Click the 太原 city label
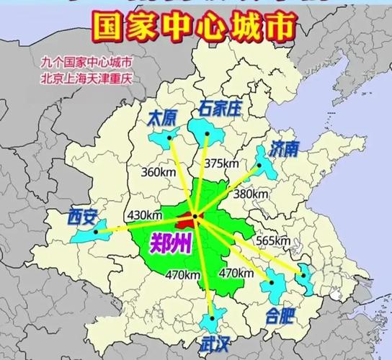click(161, 118)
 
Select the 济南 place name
click(285, 149)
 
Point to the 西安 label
click(80, 215)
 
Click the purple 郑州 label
click(171, 243)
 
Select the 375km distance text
click(220, 163)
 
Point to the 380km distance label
click(249, 193)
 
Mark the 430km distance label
click(144, 215)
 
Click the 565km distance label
click(273, 240)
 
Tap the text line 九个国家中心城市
click(91, 62)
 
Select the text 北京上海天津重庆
click(91, 75)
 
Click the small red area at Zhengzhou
click(190, 217)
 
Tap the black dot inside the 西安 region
click(97, 232)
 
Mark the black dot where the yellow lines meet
click(195, 216)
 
